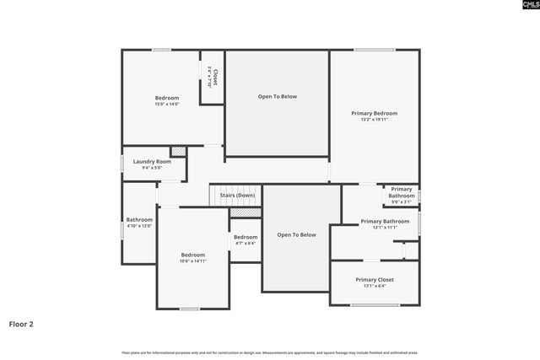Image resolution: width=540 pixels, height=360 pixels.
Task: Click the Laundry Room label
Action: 152,161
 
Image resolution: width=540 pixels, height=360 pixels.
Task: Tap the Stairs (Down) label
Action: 237,196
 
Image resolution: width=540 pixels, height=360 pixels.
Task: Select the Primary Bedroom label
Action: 374,113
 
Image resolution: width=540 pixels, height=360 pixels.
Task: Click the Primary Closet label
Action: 374,279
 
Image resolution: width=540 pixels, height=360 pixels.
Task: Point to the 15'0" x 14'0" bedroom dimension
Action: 166,104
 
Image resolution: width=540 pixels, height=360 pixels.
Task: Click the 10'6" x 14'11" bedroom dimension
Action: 192,261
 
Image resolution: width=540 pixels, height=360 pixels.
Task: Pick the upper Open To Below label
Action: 277,97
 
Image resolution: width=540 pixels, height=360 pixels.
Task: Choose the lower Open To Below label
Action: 296,234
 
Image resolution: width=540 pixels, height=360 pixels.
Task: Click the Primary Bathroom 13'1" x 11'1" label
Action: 385,222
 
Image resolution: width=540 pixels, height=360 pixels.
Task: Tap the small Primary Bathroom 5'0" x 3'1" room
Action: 402,195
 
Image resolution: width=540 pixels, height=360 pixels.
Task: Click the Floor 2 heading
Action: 21,323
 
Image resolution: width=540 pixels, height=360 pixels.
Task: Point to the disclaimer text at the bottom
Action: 269,352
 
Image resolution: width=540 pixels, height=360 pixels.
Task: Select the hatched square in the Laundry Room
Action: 178,151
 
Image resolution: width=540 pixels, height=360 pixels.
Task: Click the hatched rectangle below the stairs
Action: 241,212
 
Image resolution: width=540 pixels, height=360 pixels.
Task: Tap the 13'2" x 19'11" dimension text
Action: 374,120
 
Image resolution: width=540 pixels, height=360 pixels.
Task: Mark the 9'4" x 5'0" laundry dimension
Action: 152,168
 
